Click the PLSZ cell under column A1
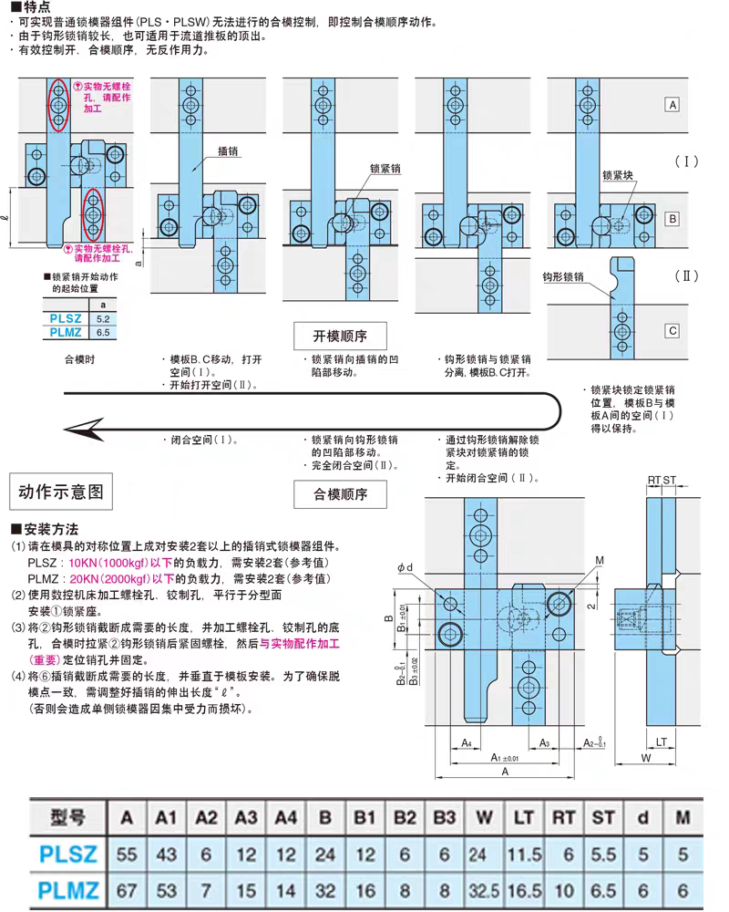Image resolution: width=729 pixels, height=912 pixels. click(x=166, y=855)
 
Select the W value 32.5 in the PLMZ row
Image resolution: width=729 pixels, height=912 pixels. click(x=484, y=890)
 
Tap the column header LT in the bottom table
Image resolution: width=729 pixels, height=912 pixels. click(x=523, y=818)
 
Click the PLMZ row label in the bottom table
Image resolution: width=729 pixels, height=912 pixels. click(x=68, y=890)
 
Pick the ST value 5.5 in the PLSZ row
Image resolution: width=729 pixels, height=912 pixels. click(x=603, y=855)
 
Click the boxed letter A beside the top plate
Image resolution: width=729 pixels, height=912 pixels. click(x=673, y=105)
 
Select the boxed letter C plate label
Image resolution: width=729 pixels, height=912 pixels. click(x=673, y=331)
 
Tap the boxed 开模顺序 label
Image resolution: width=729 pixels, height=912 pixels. click(x=340, y=336)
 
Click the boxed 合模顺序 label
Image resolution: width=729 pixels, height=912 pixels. click(x=340, y=494)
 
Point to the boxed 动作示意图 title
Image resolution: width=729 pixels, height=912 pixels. click(x=61, y=492)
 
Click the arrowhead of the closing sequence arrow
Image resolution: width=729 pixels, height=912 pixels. click(x=81, y=430)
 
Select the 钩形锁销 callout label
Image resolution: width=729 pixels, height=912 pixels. click(x=563, y=277)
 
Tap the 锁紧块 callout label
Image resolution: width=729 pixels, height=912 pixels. click(x=618, y=175)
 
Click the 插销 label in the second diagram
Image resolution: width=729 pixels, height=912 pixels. click(x=228, y=151)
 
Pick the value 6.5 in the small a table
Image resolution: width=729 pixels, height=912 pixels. click(x=103, y=333)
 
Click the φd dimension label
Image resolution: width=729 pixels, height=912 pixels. click(x=406, y=567)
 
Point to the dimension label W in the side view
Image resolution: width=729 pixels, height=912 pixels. click(x=646, y=758)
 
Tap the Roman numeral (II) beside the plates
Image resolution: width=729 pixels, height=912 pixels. click(x=686, y=275)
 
